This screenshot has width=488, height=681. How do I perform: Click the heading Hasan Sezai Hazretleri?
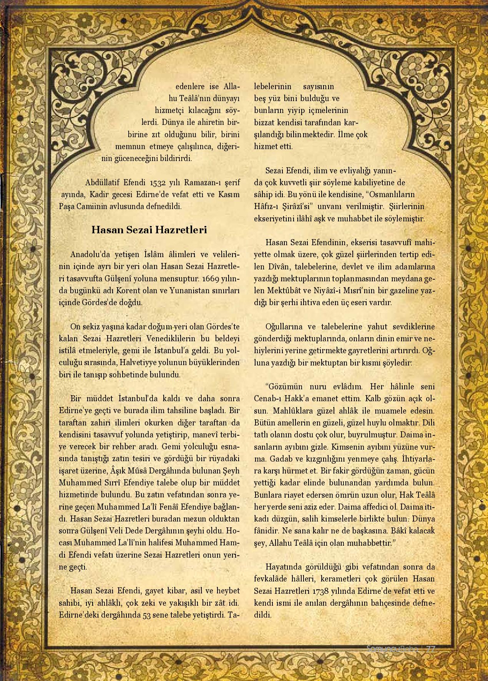pos(149,230)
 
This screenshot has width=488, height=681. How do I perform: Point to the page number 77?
pos(431,648)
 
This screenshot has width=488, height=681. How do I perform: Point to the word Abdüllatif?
pos(101,182)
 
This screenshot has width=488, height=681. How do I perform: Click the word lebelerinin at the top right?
pos(272,86)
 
